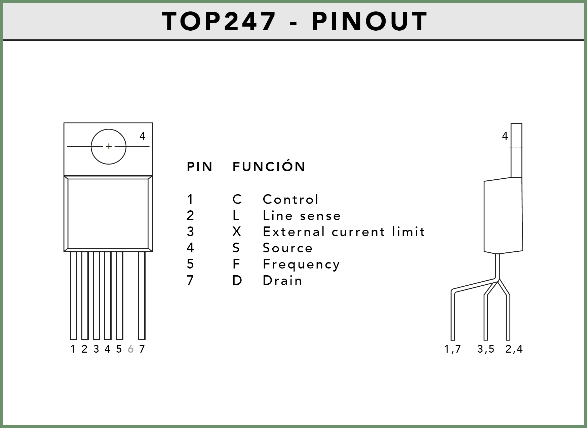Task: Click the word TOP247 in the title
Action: [219, 21]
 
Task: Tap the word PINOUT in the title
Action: [369, 21]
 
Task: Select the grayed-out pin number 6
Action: [131, 349]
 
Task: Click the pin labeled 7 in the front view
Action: [142, 295]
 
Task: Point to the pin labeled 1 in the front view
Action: [74, 295]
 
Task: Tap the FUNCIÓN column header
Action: [269, 166]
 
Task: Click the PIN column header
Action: [200, 167]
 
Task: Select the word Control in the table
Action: [290, 199]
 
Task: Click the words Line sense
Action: [302, 215]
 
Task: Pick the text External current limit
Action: [344, 231]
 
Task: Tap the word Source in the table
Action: [288, 248]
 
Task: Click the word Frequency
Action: [301, 264]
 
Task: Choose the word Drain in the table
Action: [282, 280]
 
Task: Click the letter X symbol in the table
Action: [237, 231]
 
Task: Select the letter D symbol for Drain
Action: [237, 280]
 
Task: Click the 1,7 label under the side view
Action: [453, 349]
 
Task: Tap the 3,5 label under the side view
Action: [486, 349]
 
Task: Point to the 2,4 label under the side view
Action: [514, 349]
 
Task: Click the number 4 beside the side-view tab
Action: [505, 136]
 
